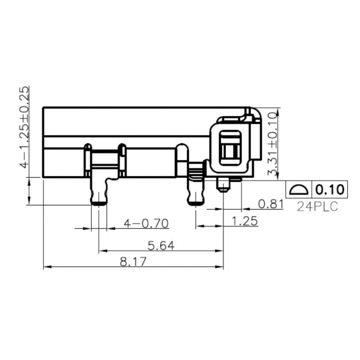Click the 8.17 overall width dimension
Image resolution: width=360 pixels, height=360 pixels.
133,262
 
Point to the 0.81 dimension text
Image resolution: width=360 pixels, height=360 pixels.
271,204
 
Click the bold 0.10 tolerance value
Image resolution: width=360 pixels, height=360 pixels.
330,189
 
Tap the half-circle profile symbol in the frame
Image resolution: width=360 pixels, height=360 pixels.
299,189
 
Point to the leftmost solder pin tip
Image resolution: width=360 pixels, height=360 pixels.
99,202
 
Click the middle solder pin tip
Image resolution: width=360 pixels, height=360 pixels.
195,201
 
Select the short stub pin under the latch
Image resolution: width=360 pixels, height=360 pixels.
224,186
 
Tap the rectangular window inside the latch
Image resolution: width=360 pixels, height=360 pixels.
230,147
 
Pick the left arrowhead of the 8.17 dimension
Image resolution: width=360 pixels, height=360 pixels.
46,267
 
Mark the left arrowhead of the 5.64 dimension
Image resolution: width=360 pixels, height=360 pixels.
101,250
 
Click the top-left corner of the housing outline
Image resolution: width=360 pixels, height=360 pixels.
44,107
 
